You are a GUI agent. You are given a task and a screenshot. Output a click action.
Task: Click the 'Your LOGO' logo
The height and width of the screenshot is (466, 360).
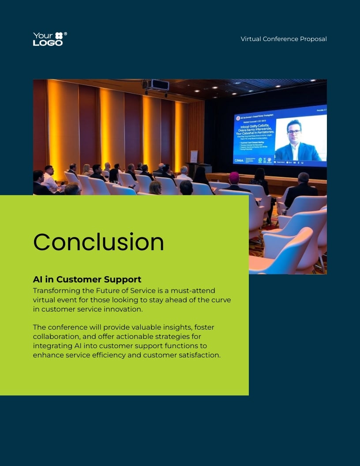pyautogui.click(x=48, y=39)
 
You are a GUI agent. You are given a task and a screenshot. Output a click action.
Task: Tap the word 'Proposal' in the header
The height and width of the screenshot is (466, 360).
pyautogui.click(x=313, y=39)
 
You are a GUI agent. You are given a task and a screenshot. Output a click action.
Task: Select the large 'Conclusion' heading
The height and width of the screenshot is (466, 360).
pyautogui.click(x=98, y=242)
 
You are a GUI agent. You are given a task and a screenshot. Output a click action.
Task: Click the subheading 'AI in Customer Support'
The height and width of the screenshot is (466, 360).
pyautogui.click(x=87, y=279)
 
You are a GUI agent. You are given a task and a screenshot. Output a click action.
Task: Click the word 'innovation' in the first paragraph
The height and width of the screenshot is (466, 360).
pyautogui.click(x=122, y=309)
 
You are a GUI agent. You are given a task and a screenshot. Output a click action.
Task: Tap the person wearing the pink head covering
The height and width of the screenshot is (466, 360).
pyautogui.click(x=234, y=178)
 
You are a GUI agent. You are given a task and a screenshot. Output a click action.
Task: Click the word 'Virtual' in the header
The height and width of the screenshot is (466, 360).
pyautogui.click(x=251, y=39)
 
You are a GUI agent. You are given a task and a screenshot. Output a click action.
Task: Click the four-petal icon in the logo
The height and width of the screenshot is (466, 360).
pyautogui.click(x=59, y=36)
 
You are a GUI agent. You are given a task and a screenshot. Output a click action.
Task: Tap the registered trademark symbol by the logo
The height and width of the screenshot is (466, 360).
pyautogui.click(x=66, y=34)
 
